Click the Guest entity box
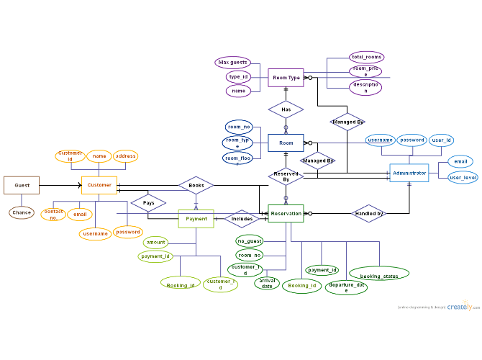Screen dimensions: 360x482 (x=22, y=185)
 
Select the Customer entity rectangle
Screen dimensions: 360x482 (x=99, y=185)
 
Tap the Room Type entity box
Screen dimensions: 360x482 (x=286, y=77)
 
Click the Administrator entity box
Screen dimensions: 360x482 (x=409, y=173)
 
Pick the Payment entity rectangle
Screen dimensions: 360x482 (x=196, y=218)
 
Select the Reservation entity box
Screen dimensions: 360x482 (x=286, y=213)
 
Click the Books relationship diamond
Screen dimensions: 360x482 (x=196, y=185)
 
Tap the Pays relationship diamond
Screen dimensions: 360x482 (x=148, y=203)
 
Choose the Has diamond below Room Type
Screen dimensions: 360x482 (x=286, y=109)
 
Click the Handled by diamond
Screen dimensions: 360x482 (x=369, y=213)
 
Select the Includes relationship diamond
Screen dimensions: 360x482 (x=242, y=218)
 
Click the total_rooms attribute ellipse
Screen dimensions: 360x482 (x=366, y=57)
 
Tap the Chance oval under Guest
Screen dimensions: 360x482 (x=22, y=212)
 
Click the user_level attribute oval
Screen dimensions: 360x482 (x=463, y=177)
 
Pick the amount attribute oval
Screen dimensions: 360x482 (x=155, y=243)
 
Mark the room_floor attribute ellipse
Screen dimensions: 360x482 (x=237, y=158)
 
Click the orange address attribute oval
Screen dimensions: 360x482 (x=125, y=156)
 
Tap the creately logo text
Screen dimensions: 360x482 (x=459, y=306)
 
